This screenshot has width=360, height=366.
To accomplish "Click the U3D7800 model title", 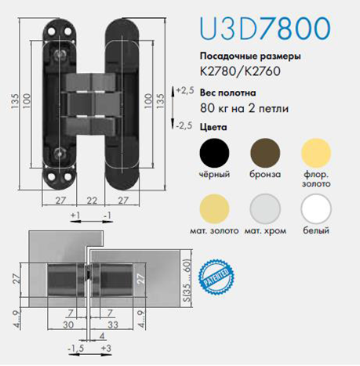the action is (x=265, y=28).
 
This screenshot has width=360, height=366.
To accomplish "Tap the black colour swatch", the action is (x=214, y=153).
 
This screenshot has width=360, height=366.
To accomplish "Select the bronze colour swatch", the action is (x=265, y=153).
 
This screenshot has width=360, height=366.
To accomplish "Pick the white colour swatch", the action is (x=316, y=209).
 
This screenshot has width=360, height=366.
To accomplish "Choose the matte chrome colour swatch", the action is (x=265, y=209).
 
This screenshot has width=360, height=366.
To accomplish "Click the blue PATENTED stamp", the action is (x=216, y=277).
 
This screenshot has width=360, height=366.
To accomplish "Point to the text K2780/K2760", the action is (x=240, y=71).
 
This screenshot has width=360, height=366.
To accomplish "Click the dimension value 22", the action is (x=92, y=201).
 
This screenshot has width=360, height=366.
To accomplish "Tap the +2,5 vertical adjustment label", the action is (x=185, y=90).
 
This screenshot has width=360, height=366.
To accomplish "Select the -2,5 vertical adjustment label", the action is (x=184, y=126).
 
